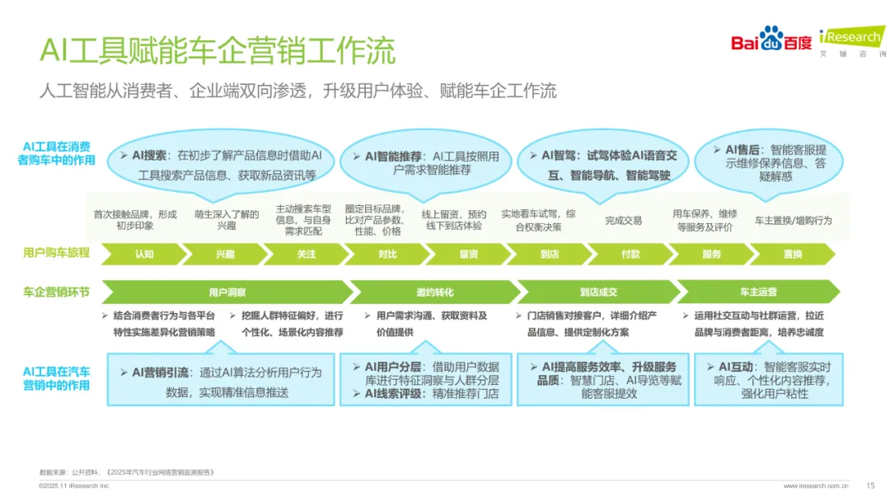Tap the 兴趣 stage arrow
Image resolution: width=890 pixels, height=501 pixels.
(225, 255)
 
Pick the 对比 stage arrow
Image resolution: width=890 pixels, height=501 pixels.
(387, 255)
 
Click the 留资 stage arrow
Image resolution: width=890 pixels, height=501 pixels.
(468, 255)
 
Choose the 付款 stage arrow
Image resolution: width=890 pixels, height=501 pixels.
(630, 255)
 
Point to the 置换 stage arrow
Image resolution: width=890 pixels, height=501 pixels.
(793, 255)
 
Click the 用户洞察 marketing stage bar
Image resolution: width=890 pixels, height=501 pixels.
(227, 292)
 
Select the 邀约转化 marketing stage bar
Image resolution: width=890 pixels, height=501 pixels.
(434, 292)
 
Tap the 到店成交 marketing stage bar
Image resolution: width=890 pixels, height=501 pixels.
(597, 292)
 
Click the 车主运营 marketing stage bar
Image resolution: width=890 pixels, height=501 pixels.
(758, 292)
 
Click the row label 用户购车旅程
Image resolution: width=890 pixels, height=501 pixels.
(56, 254)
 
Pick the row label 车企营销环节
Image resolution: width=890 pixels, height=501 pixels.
(56, 292)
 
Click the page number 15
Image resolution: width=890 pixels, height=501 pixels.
(870, 485)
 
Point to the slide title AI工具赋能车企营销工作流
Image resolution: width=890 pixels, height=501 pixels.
(218, 51)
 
